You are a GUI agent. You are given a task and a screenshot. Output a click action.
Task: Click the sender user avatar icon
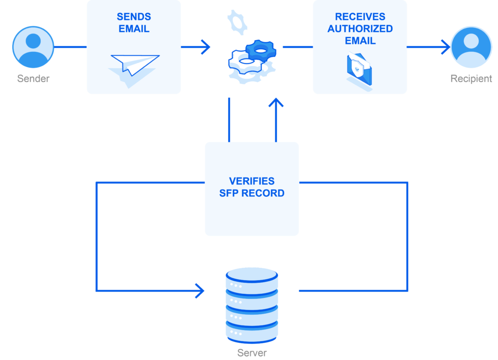pyautogui.click(x=33, y=47)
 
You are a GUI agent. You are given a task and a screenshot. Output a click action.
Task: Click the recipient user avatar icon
pyautogui.click(x=471, y=47)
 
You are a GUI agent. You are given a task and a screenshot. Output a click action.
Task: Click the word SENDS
pyautogui.click(x=134, y=17)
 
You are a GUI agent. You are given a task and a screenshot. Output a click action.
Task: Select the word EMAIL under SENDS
pyautogui.click(x=134, y=29)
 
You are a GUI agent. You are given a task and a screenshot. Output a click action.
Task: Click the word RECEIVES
pyautogui.click(x=360, y=17)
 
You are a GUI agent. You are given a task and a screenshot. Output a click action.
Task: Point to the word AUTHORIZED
pyautogui.click(x=360, y=29)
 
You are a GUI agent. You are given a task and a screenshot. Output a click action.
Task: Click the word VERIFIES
pyautogui.click(x=252, y=181)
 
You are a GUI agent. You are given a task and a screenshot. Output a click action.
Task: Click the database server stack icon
pyautogui.click(x=252, y=305)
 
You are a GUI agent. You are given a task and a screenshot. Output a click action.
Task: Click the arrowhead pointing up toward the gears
pyautogui.click(x=276, y=103)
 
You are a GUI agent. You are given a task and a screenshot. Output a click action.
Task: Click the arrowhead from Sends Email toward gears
pyautogui.click(x=205, y=47)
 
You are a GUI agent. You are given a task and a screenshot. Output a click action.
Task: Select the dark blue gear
pyautogui.click(x=260, y=50)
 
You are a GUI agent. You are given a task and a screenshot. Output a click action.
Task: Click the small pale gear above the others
pyautogui.click(x=237, y=21)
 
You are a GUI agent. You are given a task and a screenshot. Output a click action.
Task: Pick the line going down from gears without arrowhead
pyautogui.click(x=230, y=119)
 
